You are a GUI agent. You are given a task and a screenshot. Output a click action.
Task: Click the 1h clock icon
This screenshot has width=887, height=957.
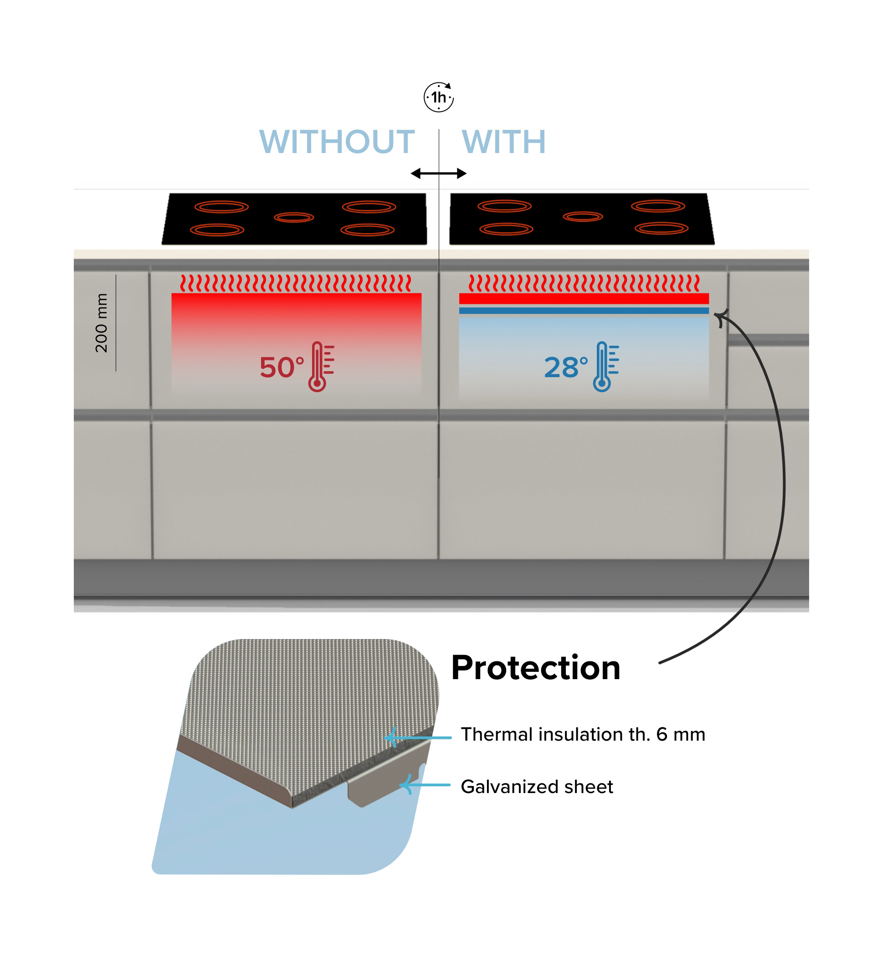(x=438, y=97)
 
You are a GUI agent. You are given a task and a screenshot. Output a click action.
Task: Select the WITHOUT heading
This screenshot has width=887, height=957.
(x=337, y=142)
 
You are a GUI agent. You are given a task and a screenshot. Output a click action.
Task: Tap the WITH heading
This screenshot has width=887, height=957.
(x=503, y=142)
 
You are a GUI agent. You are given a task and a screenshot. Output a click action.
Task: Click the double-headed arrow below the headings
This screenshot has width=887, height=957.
(x=438, y=173)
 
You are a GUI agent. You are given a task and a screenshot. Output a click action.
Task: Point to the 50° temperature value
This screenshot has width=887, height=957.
(x=281, y=368)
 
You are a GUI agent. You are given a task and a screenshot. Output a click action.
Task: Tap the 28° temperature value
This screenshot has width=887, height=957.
(x=565, y=368)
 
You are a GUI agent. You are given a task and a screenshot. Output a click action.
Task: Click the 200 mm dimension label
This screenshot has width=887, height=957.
(x=101, y=322)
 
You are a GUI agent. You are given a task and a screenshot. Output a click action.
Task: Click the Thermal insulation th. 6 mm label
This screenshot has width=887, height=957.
(x=583, y=734)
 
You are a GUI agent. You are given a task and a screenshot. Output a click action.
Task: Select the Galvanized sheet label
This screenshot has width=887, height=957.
(x=537, y=787)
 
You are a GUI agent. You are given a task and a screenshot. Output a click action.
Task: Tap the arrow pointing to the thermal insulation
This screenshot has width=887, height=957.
(x=416, y=737)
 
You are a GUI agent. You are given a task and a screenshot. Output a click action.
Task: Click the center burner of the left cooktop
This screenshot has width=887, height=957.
(x=294, y=217)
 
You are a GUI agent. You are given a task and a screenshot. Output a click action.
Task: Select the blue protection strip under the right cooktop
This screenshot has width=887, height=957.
(x=584, y=311)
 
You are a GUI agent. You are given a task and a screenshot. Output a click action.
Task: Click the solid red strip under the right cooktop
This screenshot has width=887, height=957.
(x=584, y=298)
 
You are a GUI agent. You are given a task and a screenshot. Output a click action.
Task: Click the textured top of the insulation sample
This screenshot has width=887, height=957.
(x=312, y=696)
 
